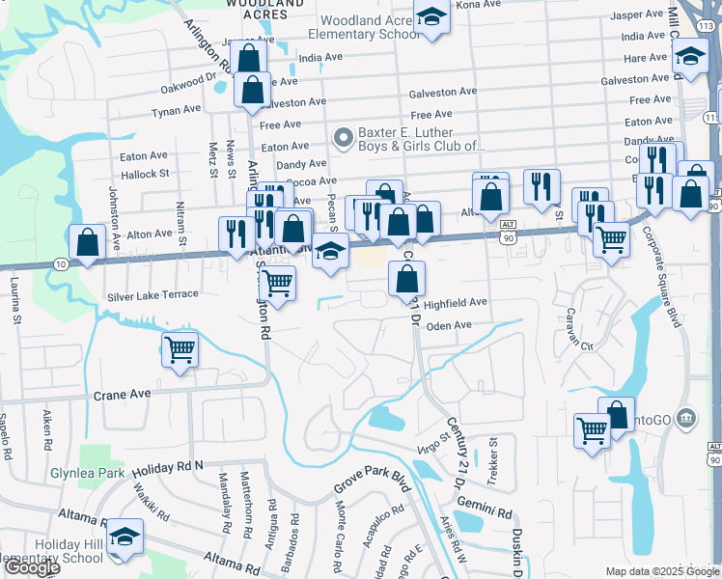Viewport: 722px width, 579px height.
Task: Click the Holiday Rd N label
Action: [169, 466]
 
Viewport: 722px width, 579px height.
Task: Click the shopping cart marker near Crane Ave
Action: [180, 350]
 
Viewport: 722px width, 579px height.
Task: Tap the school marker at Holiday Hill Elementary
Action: [124, 537]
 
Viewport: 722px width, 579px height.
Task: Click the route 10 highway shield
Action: [60, 263]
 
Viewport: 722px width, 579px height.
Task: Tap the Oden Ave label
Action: [449, 325]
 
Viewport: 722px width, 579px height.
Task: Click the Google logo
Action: [32, 567]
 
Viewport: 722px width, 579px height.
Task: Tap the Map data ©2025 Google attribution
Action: [661, 571]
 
